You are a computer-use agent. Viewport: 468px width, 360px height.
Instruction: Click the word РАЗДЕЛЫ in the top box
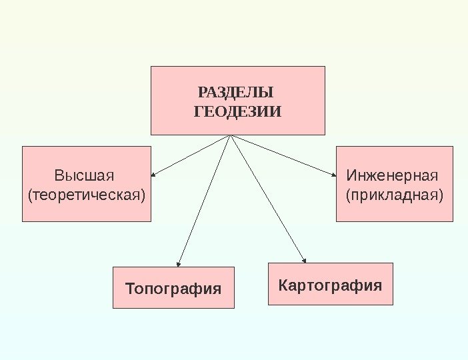click(x=236, y=92)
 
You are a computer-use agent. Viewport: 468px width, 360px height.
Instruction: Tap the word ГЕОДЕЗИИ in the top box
click(x=237, y=111)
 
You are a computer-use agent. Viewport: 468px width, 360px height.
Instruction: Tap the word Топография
click(x=173, y=289)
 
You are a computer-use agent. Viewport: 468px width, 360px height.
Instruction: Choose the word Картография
click(x=330, y=285)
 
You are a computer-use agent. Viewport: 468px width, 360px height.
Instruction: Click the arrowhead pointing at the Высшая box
click(x=154, y=175)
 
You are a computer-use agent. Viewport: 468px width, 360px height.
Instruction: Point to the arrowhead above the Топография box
click(x=179, y=263)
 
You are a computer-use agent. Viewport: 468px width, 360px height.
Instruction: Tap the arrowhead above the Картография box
click(x=304, y=260)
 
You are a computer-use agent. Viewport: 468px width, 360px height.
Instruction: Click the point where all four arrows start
click(x=230, y=135)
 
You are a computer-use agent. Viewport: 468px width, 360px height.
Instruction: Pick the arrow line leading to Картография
click(x=267, y=197)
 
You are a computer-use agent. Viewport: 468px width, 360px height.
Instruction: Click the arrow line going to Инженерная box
click(x=283, y=155)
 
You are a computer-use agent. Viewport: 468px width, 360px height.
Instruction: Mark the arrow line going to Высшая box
click(x=192, y=155)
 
